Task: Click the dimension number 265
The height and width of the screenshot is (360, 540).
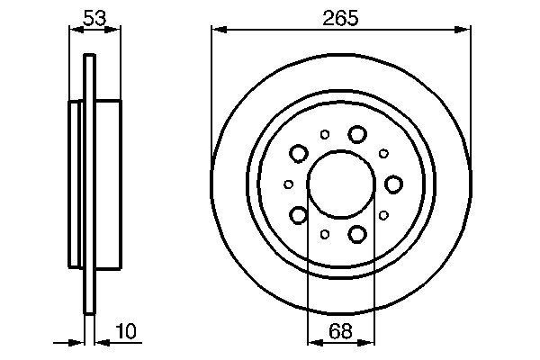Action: (341, 16)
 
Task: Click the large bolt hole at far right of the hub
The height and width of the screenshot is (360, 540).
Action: (393, 184)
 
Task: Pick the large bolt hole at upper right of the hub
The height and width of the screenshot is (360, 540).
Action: (357, 134)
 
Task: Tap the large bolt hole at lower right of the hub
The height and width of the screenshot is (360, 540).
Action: (357, 234)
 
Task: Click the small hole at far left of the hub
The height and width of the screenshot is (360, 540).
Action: (288, 184)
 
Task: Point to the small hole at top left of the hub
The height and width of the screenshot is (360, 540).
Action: (324, 135)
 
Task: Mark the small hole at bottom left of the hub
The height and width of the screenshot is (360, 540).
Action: (324, 234)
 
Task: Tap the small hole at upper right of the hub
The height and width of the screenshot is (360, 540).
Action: (383, 154)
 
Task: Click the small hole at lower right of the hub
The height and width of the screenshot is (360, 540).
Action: (383, 215)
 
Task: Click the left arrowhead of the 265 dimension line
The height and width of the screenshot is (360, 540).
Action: (216, 31)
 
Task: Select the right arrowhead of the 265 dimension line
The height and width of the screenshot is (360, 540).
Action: (466, 31)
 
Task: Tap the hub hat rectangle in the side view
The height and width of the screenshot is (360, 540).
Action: (106, 184)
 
